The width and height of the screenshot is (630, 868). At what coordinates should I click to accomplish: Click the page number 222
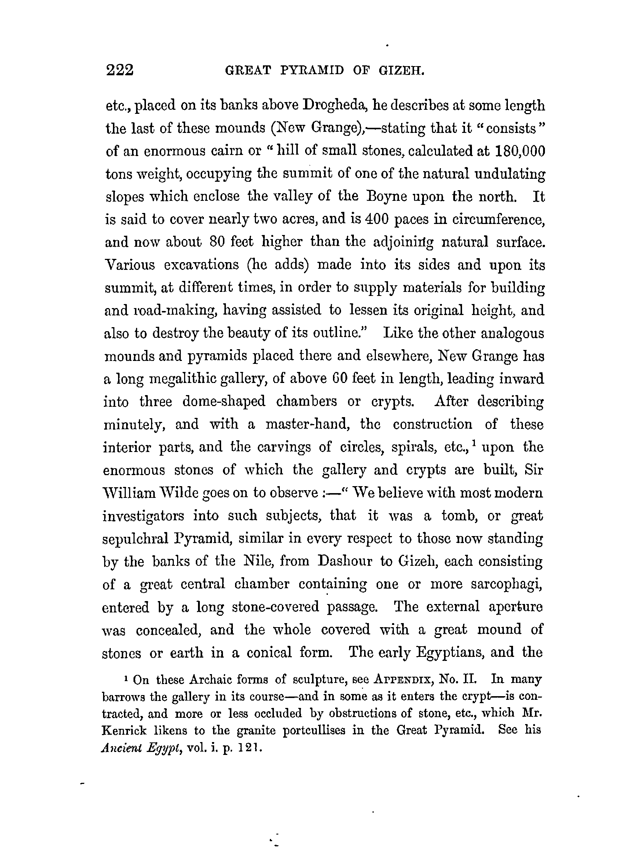(x=120, y=70)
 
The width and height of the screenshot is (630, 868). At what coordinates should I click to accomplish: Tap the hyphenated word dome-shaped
(x=224, y=401)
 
